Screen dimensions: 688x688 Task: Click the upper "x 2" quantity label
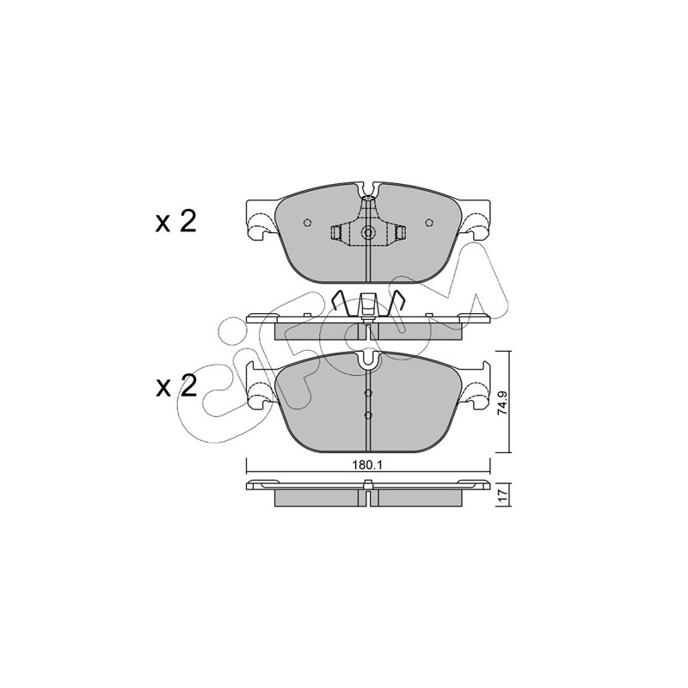pyautogui.click(x=176, y=223)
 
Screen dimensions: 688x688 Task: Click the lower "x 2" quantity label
pyautogui.click(x=176, y=386)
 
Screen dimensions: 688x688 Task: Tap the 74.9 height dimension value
pyautogui.click(x=503, y=402)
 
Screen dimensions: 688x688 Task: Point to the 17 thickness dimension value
pyautogui.click(x=503, y=496)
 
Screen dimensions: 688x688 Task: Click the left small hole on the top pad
pyautogui.click(x=308, y=223)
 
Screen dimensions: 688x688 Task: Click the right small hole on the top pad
pyautogui.click(x=429, y=223)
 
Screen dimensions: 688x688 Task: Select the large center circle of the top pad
pyautogui.click(x=368, y=233)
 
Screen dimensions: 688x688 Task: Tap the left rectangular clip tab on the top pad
pyautogui.click(x=336, y=233)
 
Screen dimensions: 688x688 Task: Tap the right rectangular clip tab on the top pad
pyautogui.click(x=400, y=233)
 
